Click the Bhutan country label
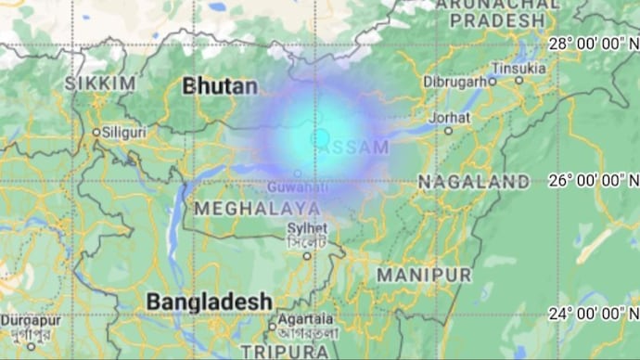coord(221,86)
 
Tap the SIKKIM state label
coord(100,84)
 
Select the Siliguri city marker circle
coord(96,133)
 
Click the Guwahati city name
coord(298,186)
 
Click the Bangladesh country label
coord(210,302)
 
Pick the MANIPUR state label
coord(424,276)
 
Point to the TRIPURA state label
coord(285,352)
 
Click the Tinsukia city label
coord(518,68)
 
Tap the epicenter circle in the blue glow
coord(320,137)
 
